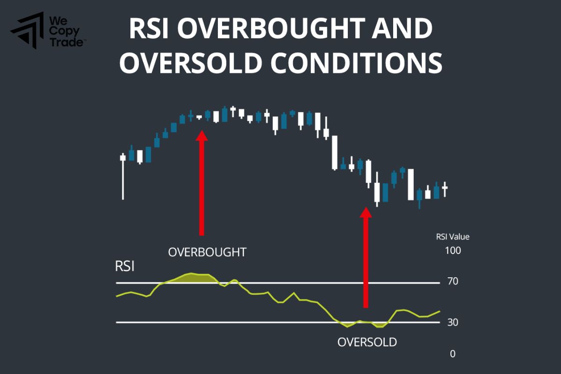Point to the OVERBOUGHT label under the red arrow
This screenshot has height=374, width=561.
[207, 252]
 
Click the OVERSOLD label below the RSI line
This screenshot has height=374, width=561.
[367, 342]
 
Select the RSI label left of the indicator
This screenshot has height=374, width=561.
[125, 267]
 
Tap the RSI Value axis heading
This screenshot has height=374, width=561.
[453, 237]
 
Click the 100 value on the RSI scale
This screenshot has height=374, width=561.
[453, 251]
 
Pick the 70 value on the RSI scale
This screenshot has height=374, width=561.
[452, 281]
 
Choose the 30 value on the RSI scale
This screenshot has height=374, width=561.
[452, 322]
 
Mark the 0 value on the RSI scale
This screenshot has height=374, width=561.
[453, 354]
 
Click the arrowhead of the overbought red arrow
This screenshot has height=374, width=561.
[201, 136]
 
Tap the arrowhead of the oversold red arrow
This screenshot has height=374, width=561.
[366, 212]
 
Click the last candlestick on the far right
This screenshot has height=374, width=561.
[445, 188]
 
